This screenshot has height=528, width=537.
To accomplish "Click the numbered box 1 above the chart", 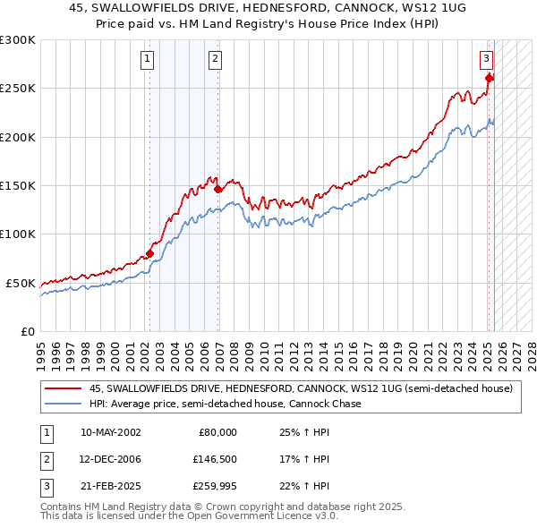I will (147, 60).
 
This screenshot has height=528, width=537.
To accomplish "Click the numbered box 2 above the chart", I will (216, 60).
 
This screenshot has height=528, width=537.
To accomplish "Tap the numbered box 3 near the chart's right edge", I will (486, 60).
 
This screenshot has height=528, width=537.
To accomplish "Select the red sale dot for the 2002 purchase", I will (149, 253).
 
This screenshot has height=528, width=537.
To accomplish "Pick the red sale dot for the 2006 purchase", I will (218, 189).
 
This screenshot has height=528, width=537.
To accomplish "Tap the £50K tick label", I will (21, 283).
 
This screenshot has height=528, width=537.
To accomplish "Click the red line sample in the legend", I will (63, 389).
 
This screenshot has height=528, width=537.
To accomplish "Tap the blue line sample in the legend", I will (63, 404).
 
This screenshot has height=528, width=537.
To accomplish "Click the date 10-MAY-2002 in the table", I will (110, 432).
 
